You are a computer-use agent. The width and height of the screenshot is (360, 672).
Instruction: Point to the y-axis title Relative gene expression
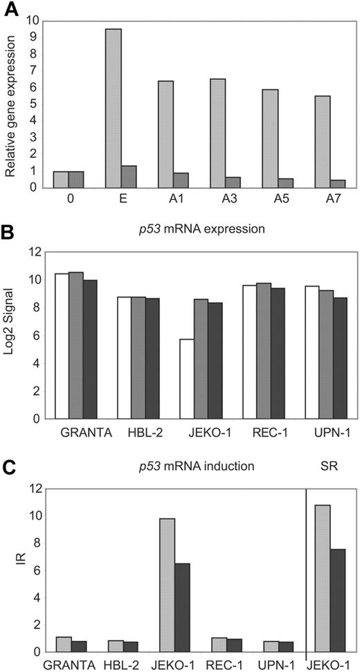11,104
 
